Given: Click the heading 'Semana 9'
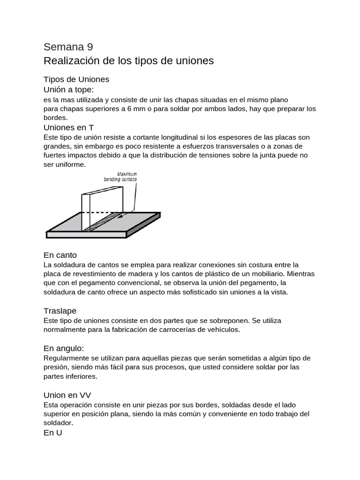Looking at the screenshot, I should (68, 46).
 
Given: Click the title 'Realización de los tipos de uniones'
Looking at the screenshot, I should (128, 61).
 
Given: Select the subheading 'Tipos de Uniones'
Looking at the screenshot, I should (76, 79).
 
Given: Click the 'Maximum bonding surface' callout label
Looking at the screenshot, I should (120, 176).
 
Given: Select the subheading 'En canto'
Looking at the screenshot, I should (60, 255).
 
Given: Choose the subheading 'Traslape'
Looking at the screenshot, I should (60, 311).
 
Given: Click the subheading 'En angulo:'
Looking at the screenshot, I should (63, 348).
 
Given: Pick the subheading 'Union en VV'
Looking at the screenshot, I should (70, 395).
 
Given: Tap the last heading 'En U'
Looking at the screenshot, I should (52, 433).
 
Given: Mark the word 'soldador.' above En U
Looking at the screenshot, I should (59, 423).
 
